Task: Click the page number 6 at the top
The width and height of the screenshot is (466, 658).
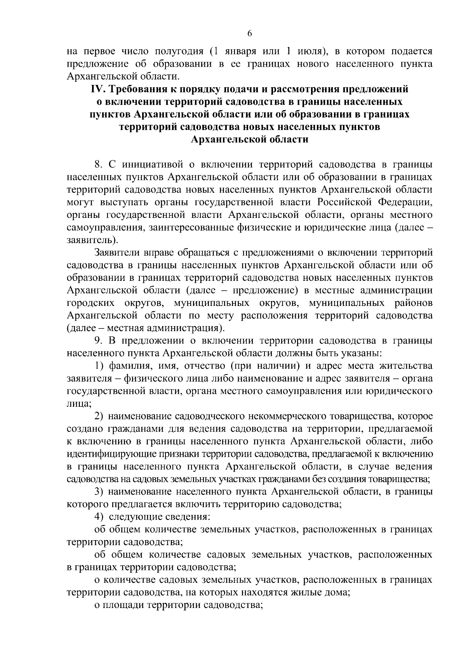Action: (250, 34)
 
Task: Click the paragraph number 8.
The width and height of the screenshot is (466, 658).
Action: (98, 164)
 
